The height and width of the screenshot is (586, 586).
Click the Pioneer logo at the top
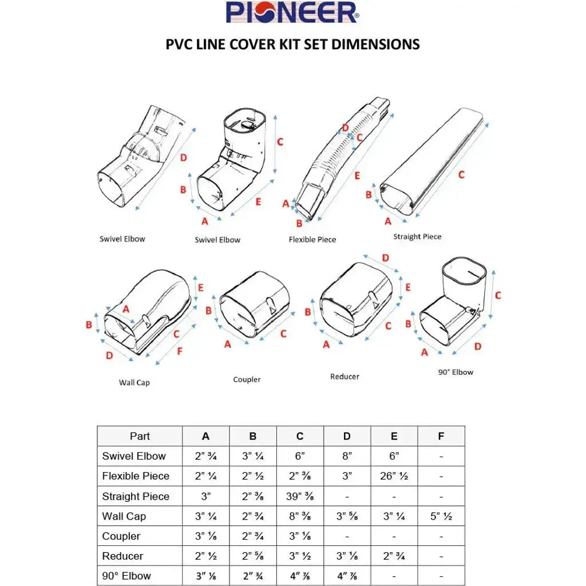point(292,13)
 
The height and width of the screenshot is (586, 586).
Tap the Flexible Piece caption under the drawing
point(312,239)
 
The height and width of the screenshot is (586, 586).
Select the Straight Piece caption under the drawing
point(417,236)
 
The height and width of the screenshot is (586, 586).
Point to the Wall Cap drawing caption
point(134,382)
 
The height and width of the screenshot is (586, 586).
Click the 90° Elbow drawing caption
point(456,372)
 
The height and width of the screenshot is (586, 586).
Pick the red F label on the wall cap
point(180,351)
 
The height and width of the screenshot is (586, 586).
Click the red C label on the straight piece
point(461,175)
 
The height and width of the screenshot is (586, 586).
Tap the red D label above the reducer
point(386,258)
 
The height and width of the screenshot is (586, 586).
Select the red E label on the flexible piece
point(357,176)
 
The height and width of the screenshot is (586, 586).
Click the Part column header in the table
point(140,436)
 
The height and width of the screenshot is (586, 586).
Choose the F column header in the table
point(441,436)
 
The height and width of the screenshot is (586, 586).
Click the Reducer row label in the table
point(122,556)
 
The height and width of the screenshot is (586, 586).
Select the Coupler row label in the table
point(121,536)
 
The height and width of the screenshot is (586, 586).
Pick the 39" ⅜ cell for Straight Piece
point(300,496)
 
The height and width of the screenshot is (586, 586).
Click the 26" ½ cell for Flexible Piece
point(394,476)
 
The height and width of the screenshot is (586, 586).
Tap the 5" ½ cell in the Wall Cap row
point(441,516)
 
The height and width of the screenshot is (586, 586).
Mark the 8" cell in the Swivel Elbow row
point(347,456)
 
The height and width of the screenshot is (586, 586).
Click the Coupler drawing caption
point(247,379)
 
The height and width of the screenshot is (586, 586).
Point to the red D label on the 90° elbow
point(478,346)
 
